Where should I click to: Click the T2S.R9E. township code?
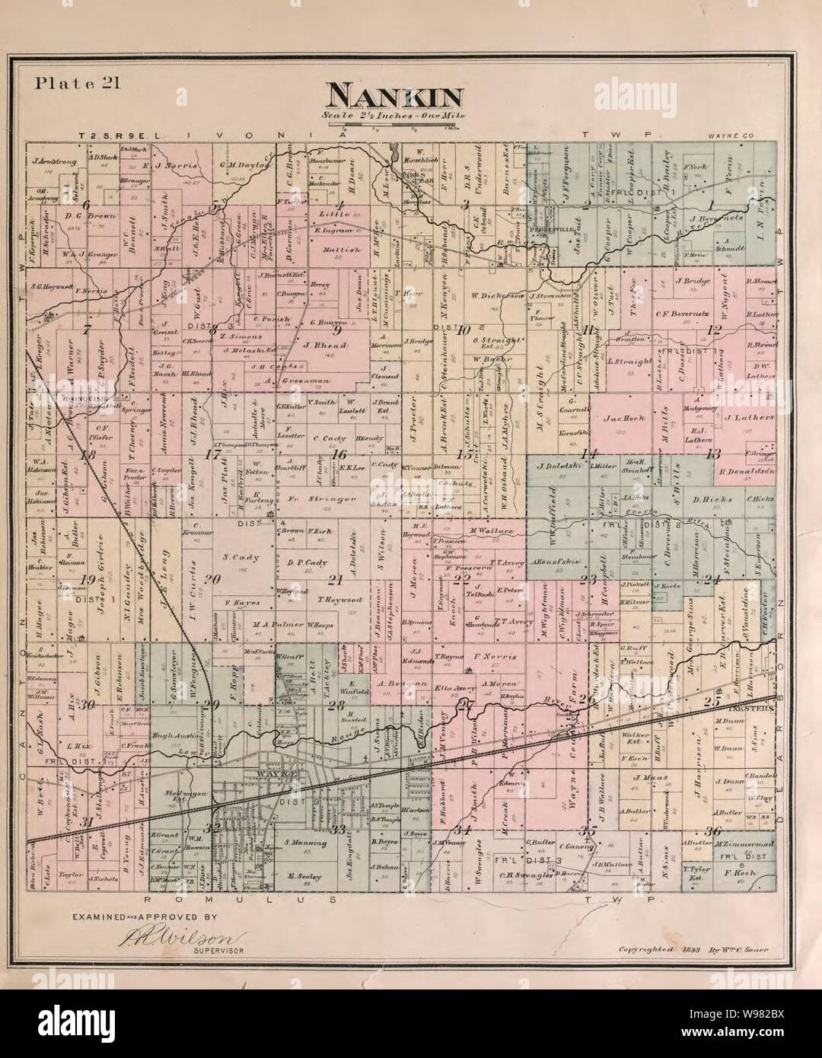coord(115,135)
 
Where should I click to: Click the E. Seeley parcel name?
coord(304,876)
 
